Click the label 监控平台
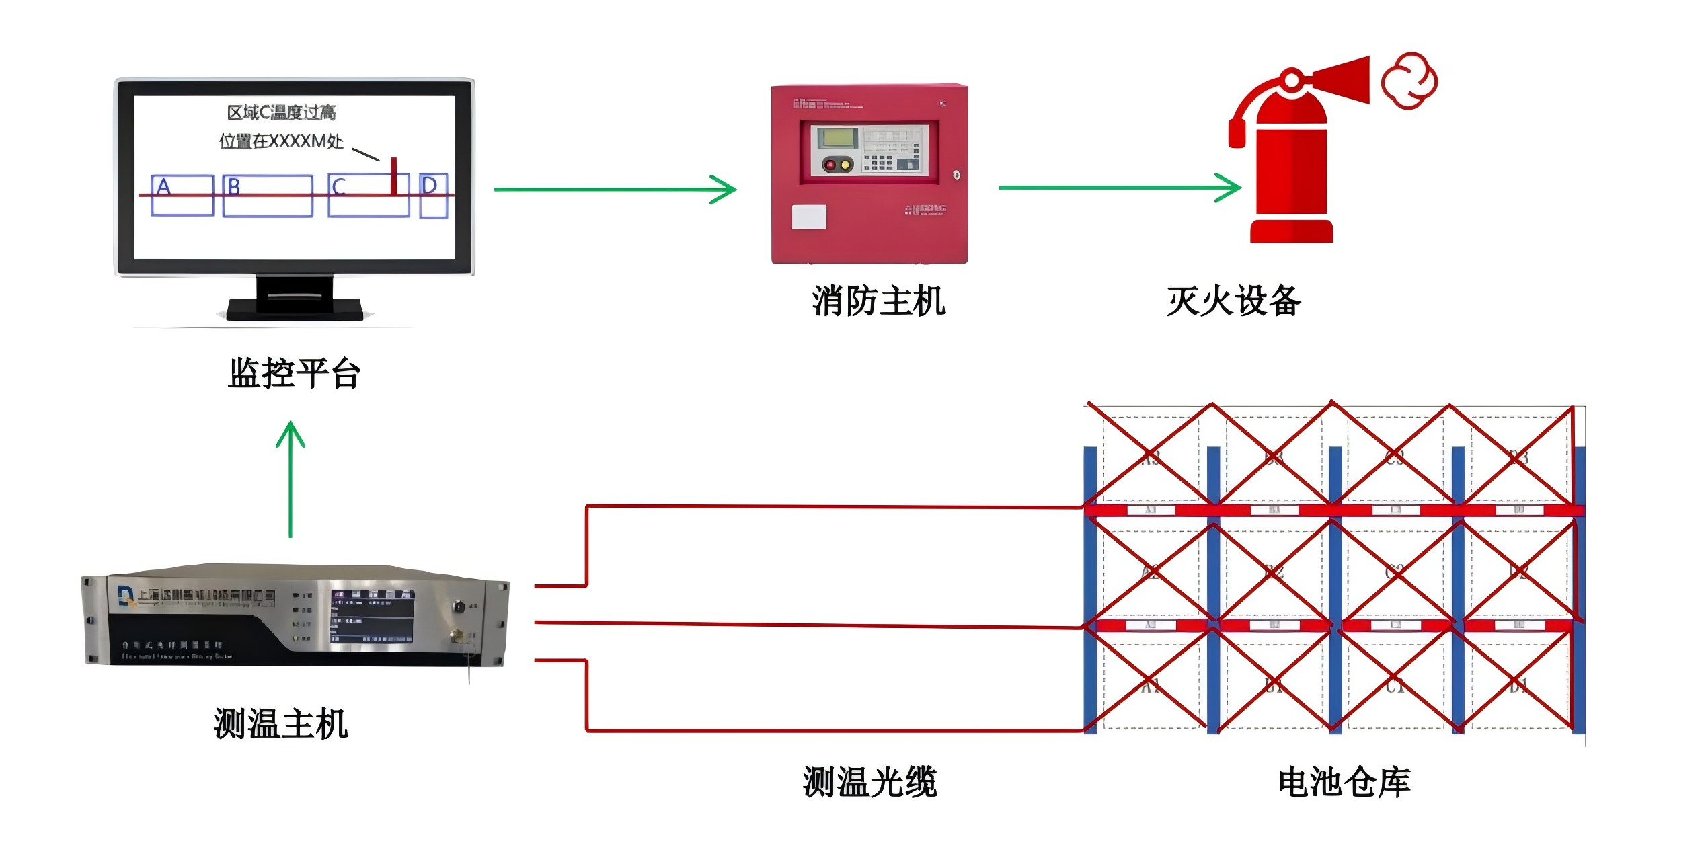(295, 374)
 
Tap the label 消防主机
(878, 301)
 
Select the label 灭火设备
(1233, 301)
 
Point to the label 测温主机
(280, 724)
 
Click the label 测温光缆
(869, 782)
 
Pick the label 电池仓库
(1344, 782)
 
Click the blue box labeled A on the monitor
(182, 196)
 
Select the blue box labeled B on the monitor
(268, 196)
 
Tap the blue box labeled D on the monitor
(433, 196)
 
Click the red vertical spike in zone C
(394, 176)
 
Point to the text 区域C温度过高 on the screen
(281, 112)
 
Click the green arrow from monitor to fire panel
(615, 190)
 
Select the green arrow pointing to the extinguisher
(1119, 188)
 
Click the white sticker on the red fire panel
(809, 217)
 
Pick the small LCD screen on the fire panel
(837, 138)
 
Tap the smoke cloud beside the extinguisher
(1409, 81)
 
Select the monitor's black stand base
(295, 310)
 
